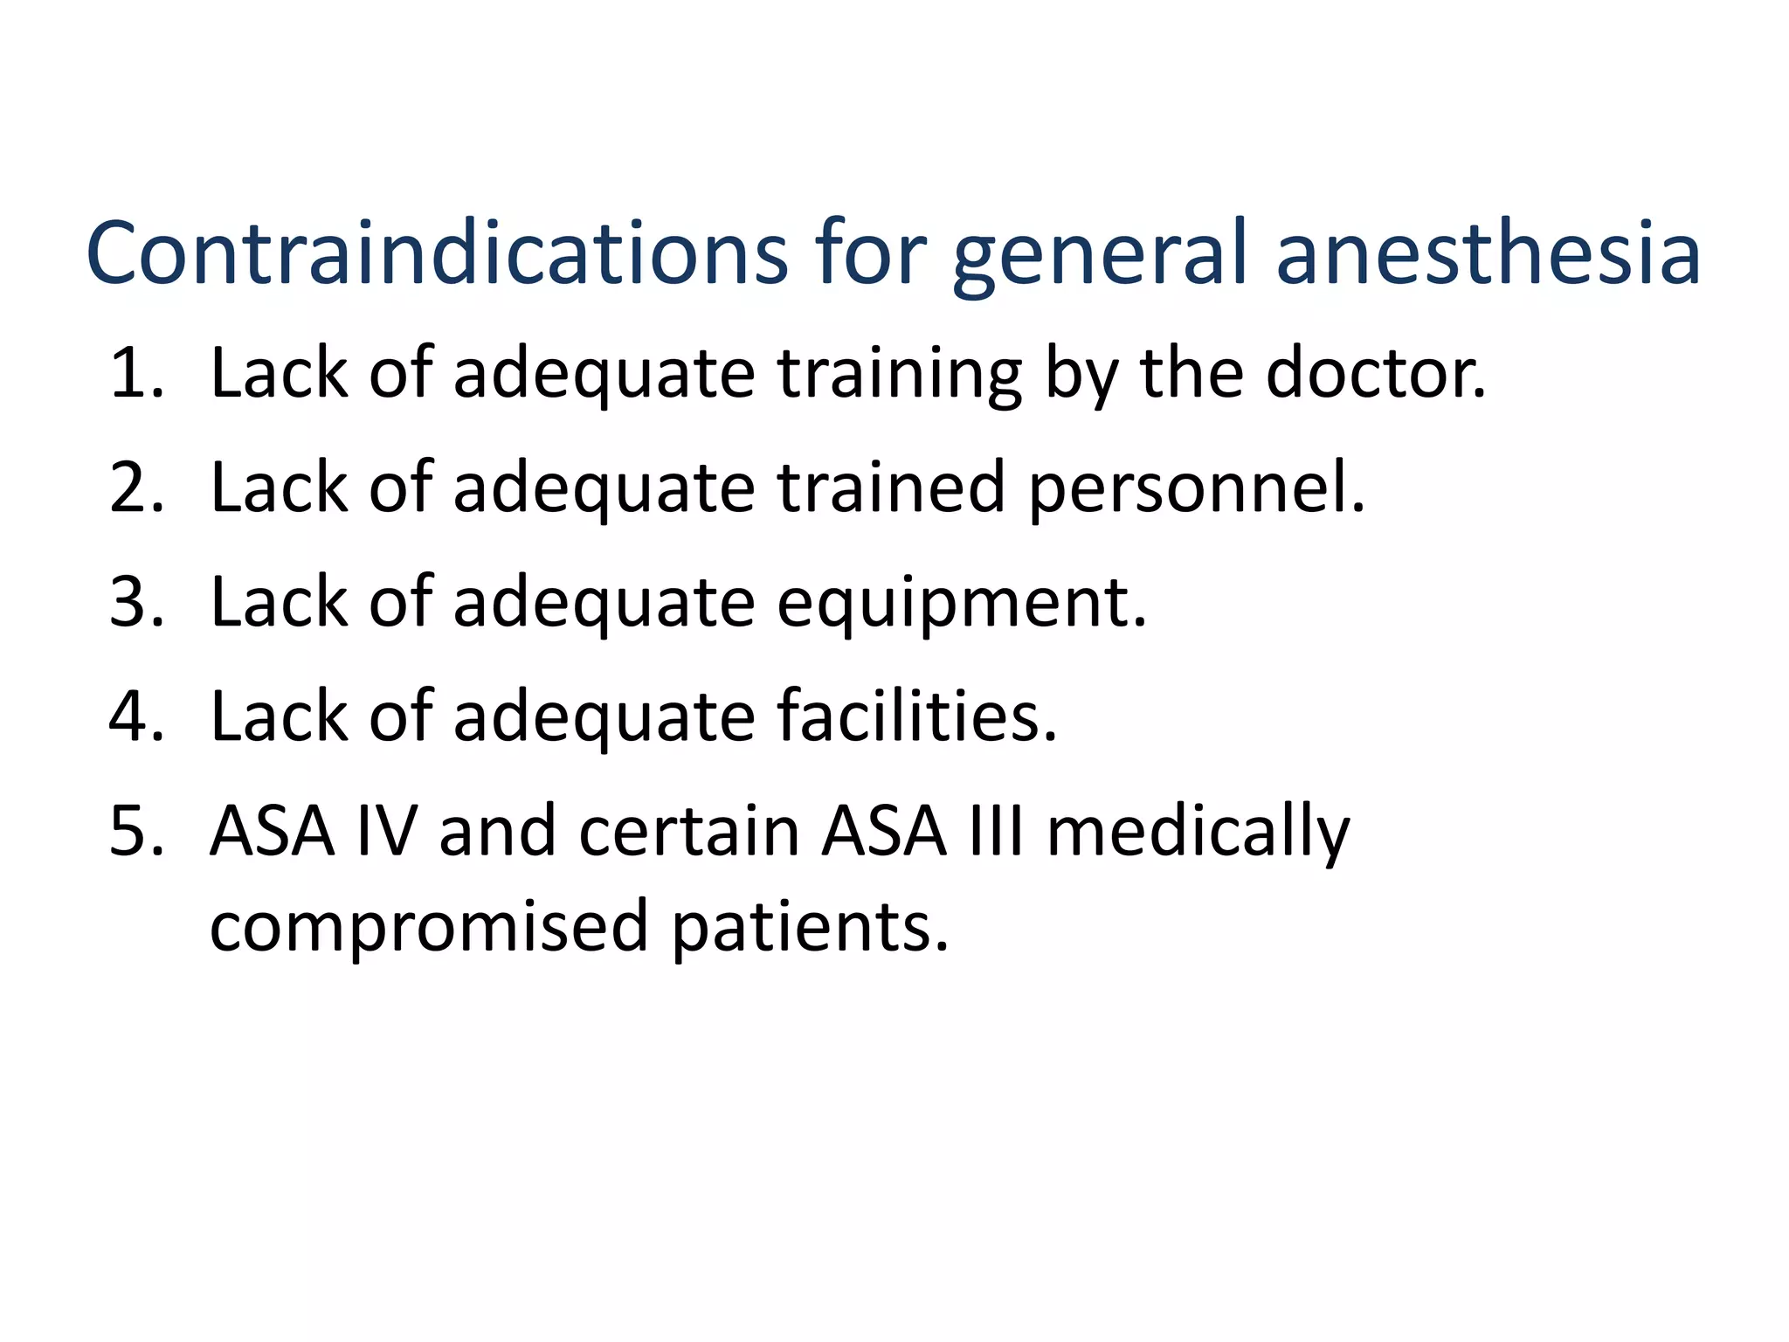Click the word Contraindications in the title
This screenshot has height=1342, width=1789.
(437, 253)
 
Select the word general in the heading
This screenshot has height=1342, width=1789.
(1102, 258)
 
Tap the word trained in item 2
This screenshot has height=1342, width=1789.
(890, 488)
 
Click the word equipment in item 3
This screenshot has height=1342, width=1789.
(961, 605)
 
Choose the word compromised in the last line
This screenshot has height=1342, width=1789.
(429, 928)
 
